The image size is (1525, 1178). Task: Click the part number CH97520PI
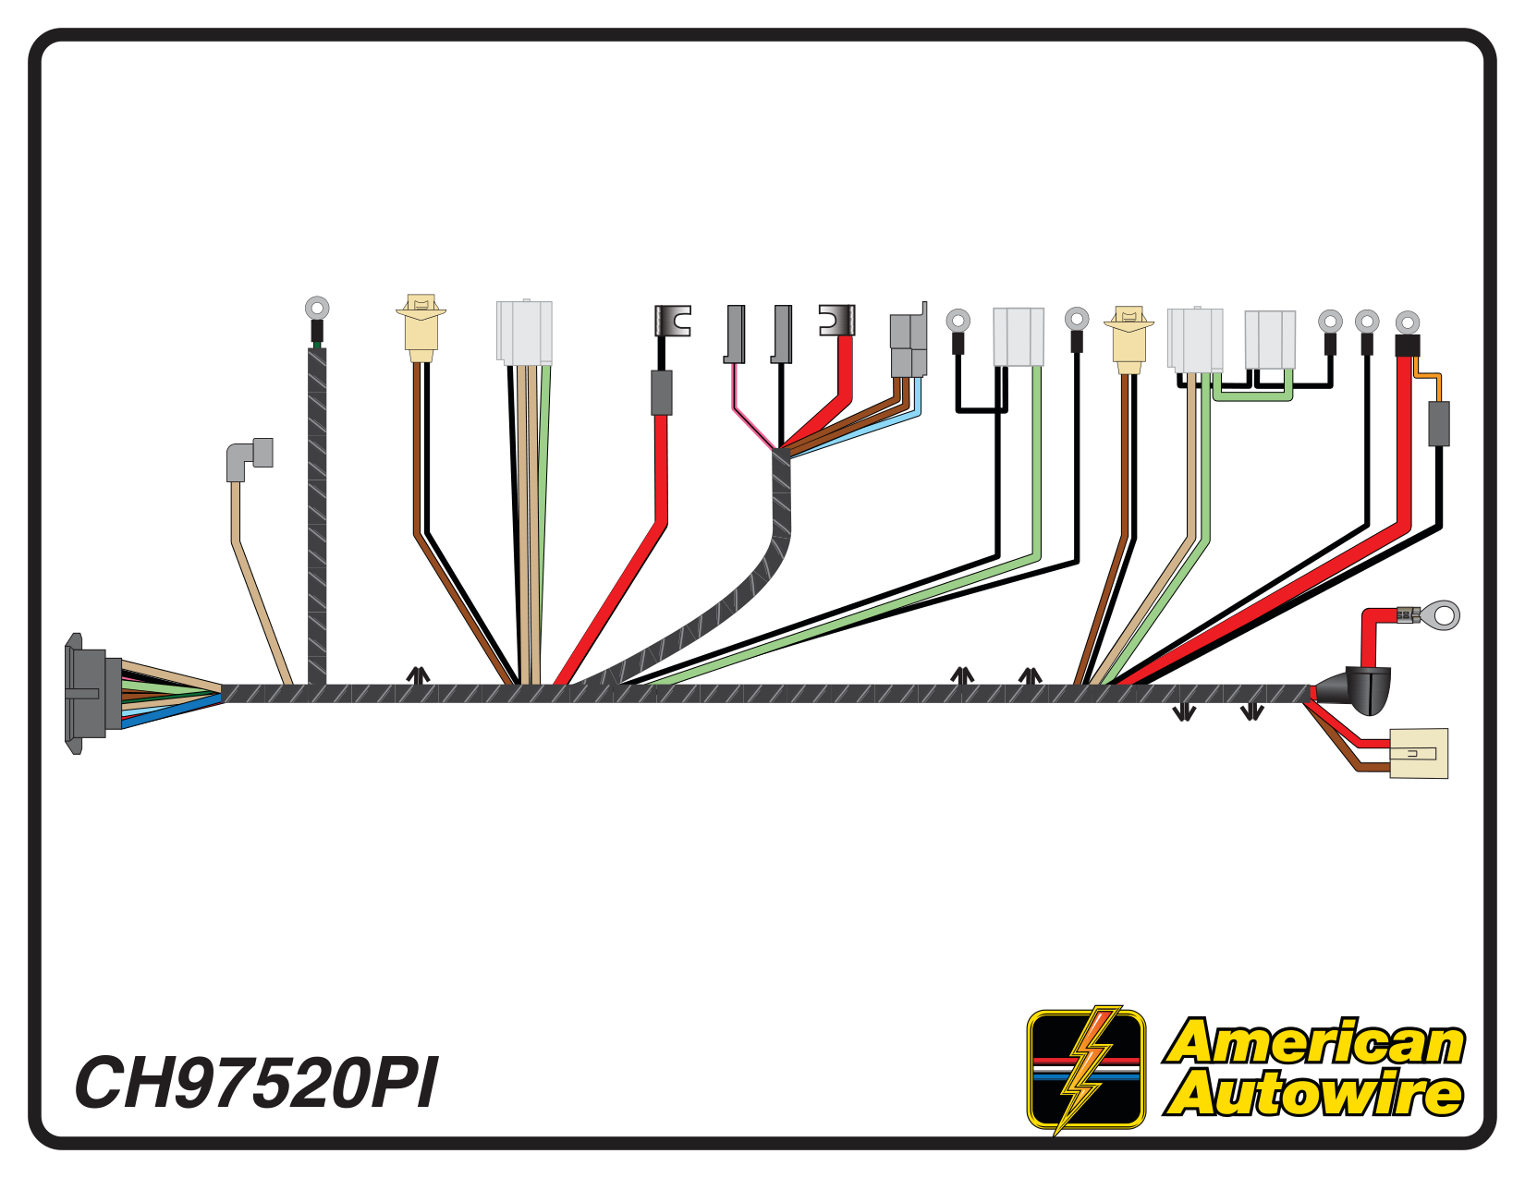(x=257, y=1083)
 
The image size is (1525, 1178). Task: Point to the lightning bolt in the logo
(x=1086, y=1069)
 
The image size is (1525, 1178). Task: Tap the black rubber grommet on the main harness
(x=1353, y=691)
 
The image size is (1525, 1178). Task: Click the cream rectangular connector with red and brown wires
(x=1419, y=753)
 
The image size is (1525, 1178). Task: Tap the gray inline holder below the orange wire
(x=1439, y=424)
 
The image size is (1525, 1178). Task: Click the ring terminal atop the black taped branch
(x=317, y=308)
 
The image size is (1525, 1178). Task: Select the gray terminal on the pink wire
(x=735, y=334)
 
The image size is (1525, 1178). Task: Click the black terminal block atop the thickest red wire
(x=1407, y=346)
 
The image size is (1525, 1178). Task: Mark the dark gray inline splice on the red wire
(x=661, y=393)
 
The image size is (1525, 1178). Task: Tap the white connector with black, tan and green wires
(x=524, y=334)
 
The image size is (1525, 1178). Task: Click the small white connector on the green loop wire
(x=1270, y=340)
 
